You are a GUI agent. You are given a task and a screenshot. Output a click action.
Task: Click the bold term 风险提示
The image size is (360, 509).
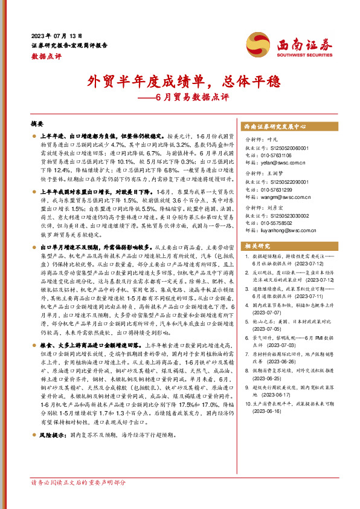click(x=53, y=451)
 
